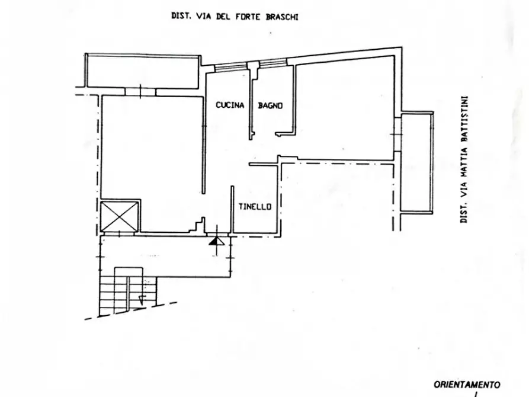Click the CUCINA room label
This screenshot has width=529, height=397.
coord(230,105)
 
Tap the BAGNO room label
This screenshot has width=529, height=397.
coord(270,105)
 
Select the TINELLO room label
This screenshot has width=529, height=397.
coord(255,207)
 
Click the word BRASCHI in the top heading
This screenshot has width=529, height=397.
coord(282,17)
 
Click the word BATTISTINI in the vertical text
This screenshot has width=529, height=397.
coord(464,120)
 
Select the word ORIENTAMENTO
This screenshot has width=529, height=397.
coord(467,385)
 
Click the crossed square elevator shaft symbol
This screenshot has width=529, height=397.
coord(120,217)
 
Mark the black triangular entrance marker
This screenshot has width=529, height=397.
coord(216,241)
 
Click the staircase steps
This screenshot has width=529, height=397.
coord(128,292)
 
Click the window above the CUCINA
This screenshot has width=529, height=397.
coord(231,67)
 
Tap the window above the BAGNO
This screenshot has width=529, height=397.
coord(273,63)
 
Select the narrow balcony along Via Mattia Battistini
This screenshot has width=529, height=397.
coord(416,162)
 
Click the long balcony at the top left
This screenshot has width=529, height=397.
coord(142,71)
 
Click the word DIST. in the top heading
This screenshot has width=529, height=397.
coord(181,16)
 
